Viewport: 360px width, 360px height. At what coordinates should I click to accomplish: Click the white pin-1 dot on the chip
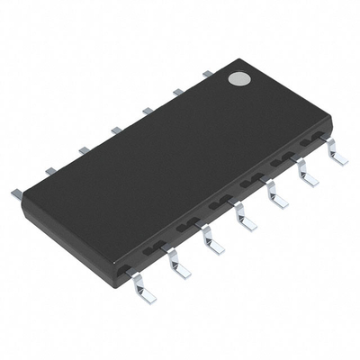(x=238, y=79)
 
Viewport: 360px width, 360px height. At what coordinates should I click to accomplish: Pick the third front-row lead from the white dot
(x=276, y=195)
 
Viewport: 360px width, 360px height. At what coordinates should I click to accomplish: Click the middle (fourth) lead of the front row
(x=244, y=217)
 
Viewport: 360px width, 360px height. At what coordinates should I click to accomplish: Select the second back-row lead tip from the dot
(x=177, y=91)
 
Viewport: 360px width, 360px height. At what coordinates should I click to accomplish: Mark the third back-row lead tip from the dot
(x=147, y=110)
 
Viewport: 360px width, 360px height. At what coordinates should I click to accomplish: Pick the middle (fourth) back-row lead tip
(x=115, y=130)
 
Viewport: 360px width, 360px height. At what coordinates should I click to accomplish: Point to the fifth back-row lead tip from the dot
(x=83, y=149)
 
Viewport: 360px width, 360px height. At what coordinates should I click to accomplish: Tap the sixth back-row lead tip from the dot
(x=50, y=169)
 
